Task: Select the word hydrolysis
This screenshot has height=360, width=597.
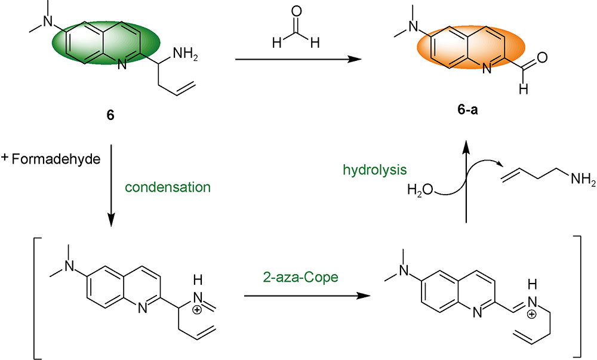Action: pos(375,170)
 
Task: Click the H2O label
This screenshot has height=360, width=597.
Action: pos(420,191)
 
